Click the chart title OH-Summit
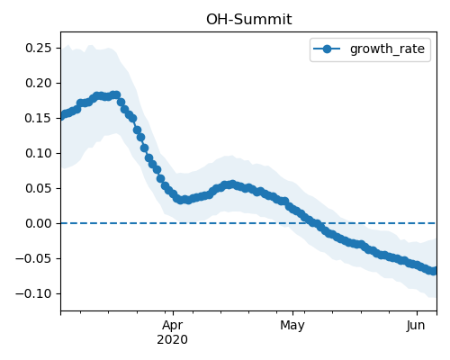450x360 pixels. coord(248,20)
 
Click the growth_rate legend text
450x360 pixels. coord(387,49)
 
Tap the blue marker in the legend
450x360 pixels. coord(327,49)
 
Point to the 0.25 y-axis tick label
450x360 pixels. coord(39,48)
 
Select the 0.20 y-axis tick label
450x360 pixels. coord(39,83)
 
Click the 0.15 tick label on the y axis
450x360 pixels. coord(39,118)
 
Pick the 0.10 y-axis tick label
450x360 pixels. coord(39,153)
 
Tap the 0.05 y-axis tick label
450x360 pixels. coord(39,188)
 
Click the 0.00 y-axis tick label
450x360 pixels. coord(39,223)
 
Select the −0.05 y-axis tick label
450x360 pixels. coord(33,258)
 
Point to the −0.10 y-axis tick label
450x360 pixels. coord(33,293)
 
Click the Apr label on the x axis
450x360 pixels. coord(173,326)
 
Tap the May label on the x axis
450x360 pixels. coord(292,326)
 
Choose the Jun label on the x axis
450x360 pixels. coord(416,325)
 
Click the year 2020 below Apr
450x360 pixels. coord(173,339)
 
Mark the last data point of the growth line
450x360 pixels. coord(434,271)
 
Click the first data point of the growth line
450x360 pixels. coord(62,115)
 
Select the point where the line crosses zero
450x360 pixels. coord(314,223)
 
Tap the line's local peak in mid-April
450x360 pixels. coord(231,184)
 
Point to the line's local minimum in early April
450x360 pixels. coord(180,200)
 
